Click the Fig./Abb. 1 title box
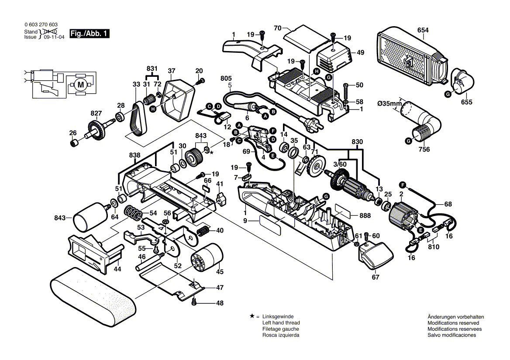89,34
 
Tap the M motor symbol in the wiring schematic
80,85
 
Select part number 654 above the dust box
423,30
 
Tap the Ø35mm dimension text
389,103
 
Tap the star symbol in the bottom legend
252,316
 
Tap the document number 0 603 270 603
41,26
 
